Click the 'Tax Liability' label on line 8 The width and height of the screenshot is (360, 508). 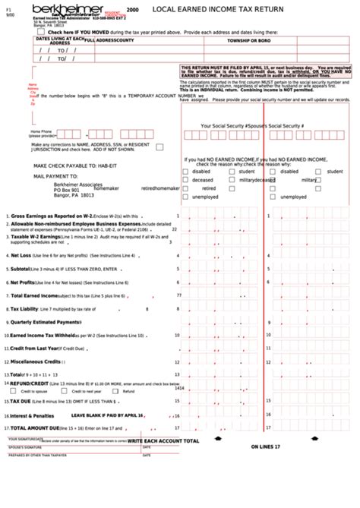pyautogui.click(x=24, y=308)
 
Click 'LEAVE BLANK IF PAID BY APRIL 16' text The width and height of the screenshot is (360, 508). pyautogui.click(x=107, y=415)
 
